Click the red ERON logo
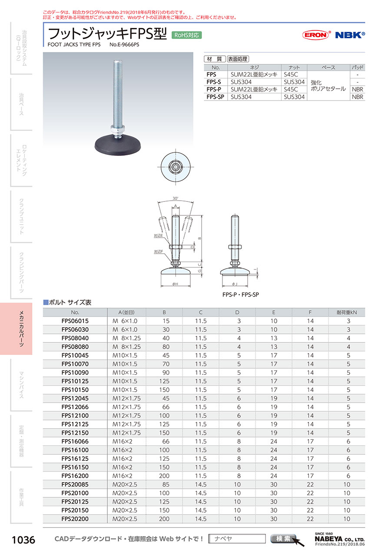(316, 35)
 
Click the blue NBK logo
(350, 35)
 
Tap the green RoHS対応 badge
(187, 35)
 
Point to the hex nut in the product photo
(118, 129)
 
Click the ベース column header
(328, 67)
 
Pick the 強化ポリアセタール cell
(328, 86)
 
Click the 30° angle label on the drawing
(175, 198)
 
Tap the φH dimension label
(175, 284)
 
